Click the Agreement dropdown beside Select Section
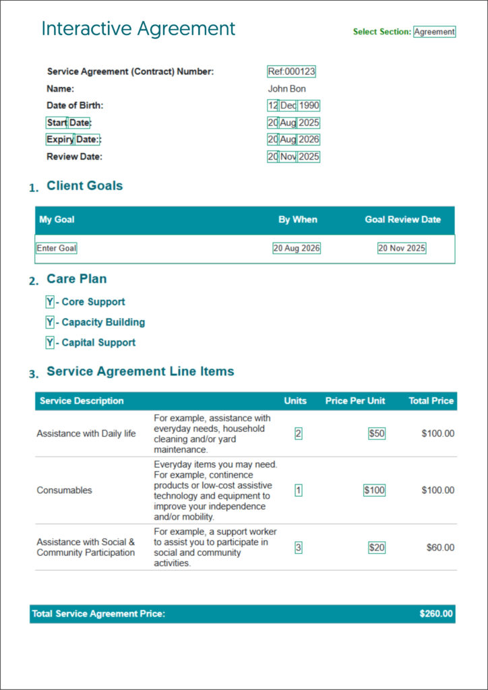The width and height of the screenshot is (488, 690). (435, 32)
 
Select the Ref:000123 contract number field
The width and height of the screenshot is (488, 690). (292, 71)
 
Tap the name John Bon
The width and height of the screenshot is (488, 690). (287, 88)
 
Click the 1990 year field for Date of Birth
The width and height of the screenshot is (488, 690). (309, 106)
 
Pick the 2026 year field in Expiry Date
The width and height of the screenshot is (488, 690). (309, 139)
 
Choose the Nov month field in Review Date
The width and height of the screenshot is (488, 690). (288, 157)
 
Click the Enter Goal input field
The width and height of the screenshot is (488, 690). (57, 248)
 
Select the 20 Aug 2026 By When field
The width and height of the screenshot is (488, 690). (297, 248)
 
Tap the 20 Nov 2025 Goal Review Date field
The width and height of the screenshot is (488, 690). (402, 248)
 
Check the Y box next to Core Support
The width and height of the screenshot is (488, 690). (50, 302)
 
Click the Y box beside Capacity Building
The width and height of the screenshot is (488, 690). (50, 322)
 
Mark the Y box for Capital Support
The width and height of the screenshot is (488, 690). (50, 342)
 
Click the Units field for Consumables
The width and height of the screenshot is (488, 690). (299, 491)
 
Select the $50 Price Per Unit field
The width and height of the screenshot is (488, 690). (377, 434)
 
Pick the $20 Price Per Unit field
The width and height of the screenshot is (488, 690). (377, 548)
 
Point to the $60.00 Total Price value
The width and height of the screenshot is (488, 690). (440, 548)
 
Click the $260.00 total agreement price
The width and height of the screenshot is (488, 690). (436, 614)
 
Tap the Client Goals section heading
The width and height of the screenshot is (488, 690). (85, 186)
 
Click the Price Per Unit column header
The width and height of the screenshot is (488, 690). (355, 401)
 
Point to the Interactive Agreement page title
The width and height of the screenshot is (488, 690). (138, 29)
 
